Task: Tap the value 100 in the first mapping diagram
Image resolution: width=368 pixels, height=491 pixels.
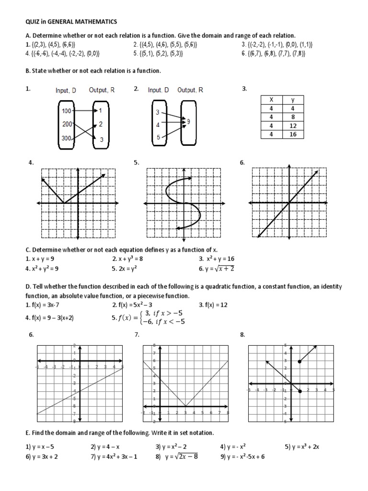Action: (67, 110)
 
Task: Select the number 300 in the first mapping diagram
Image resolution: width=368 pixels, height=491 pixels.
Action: (67, 139)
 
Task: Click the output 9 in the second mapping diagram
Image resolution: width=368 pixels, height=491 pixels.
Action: (188, 122)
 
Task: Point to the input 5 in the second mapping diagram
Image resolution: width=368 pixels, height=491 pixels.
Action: (158, 138)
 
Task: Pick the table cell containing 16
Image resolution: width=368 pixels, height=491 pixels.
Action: (293, 134)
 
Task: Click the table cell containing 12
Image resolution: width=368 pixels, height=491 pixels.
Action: (293, 126)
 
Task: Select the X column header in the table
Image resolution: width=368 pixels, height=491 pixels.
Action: (272, 100)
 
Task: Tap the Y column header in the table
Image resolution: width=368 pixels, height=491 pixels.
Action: (293, 100)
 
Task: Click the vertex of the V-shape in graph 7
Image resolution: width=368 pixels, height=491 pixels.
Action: (185, 406)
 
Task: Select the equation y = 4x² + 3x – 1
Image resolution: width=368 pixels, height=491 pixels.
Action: (114, 456)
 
